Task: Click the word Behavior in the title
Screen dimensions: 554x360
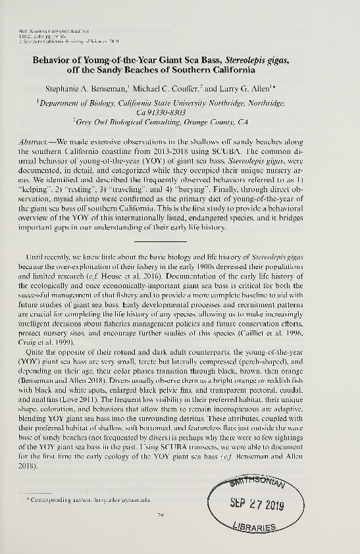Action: point(54,59)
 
